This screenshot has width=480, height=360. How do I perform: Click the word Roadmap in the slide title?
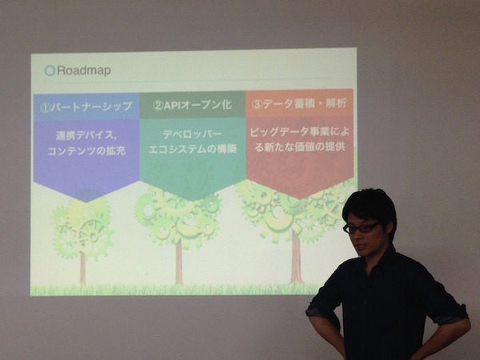pos(84,70)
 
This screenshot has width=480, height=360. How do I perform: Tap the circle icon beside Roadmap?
pos(50,70)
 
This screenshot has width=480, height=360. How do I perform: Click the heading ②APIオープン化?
pos(191,105)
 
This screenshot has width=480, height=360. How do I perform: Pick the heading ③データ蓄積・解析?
pos(299,104)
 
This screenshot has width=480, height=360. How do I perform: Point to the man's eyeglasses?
pos(362,227)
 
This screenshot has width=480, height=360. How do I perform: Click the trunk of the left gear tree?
pos(82,268)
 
